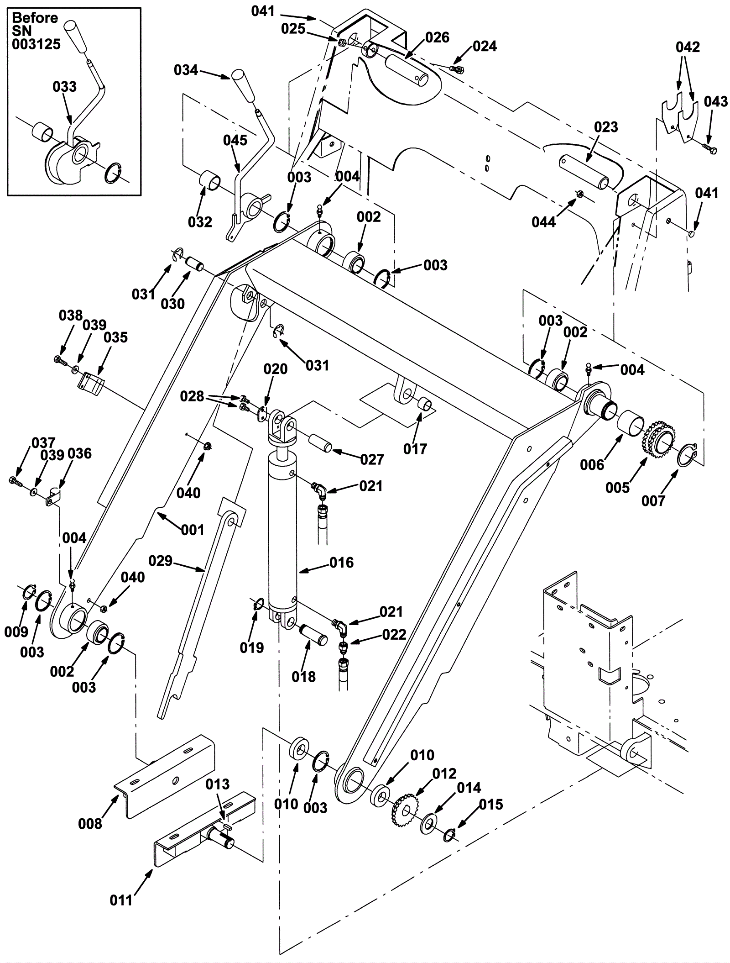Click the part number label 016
pyautogui.click(x=342, y=563)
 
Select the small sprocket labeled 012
pyautogui.click(x=406, y=810)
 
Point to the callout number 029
pyautogui.click(x=160, y=561)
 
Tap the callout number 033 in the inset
pyautogui.click(x=65, y=87)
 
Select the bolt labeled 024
pyautogui.click(x=457, y=68)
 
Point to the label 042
pyautogui.click(x=688, y=47)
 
